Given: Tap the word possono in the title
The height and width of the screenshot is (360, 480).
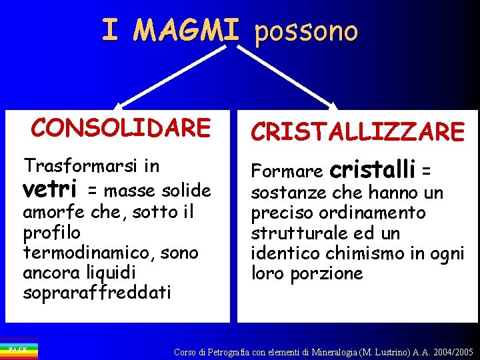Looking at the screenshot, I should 306,31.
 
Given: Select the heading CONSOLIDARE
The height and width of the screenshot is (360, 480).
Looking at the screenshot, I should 121,127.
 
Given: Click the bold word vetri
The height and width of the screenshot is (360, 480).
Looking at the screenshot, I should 51,189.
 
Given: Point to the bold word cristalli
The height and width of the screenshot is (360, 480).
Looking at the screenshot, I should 373,169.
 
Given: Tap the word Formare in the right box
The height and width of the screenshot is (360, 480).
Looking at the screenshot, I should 287,172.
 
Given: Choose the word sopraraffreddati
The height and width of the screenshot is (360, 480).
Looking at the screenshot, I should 97,292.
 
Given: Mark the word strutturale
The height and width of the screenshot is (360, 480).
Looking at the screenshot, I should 297,233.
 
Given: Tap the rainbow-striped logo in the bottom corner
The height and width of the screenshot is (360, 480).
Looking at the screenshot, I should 19,350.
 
